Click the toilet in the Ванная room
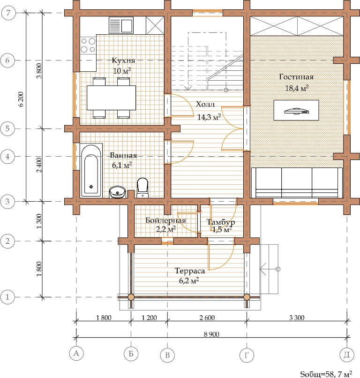[x=142, y=188]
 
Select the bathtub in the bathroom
[x=91, y=170]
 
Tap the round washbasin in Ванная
[x=117, y=192]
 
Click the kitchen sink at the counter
[x=121, y=25]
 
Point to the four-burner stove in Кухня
[x=88, y=45]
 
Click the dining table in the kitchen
[x=111, y=98]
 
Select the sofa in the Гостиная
[x=297, y=183]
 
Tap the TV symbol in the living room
[x=296, y=111]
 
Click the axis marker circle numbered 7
[x=8, y=13]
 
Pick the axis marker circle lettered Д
[x=347, y=355]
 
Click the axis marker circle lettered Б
[x=131, y=354]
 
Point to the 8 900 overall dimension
[x=211, y=334]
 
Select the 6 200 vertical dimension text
[x=21, y=99]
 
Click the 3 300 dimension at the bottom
[x=297, y=318]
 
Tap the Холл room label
[x=205, y=105]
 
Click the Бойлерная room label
[x=166, y=220]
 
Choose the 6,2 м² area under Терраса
[x=189, y=280]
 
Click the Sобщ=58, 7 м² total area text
[x=326, y=374]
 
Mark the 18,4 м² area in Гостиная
[x=297, y=88]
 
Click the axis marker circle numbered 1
[x=7, y=297]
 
